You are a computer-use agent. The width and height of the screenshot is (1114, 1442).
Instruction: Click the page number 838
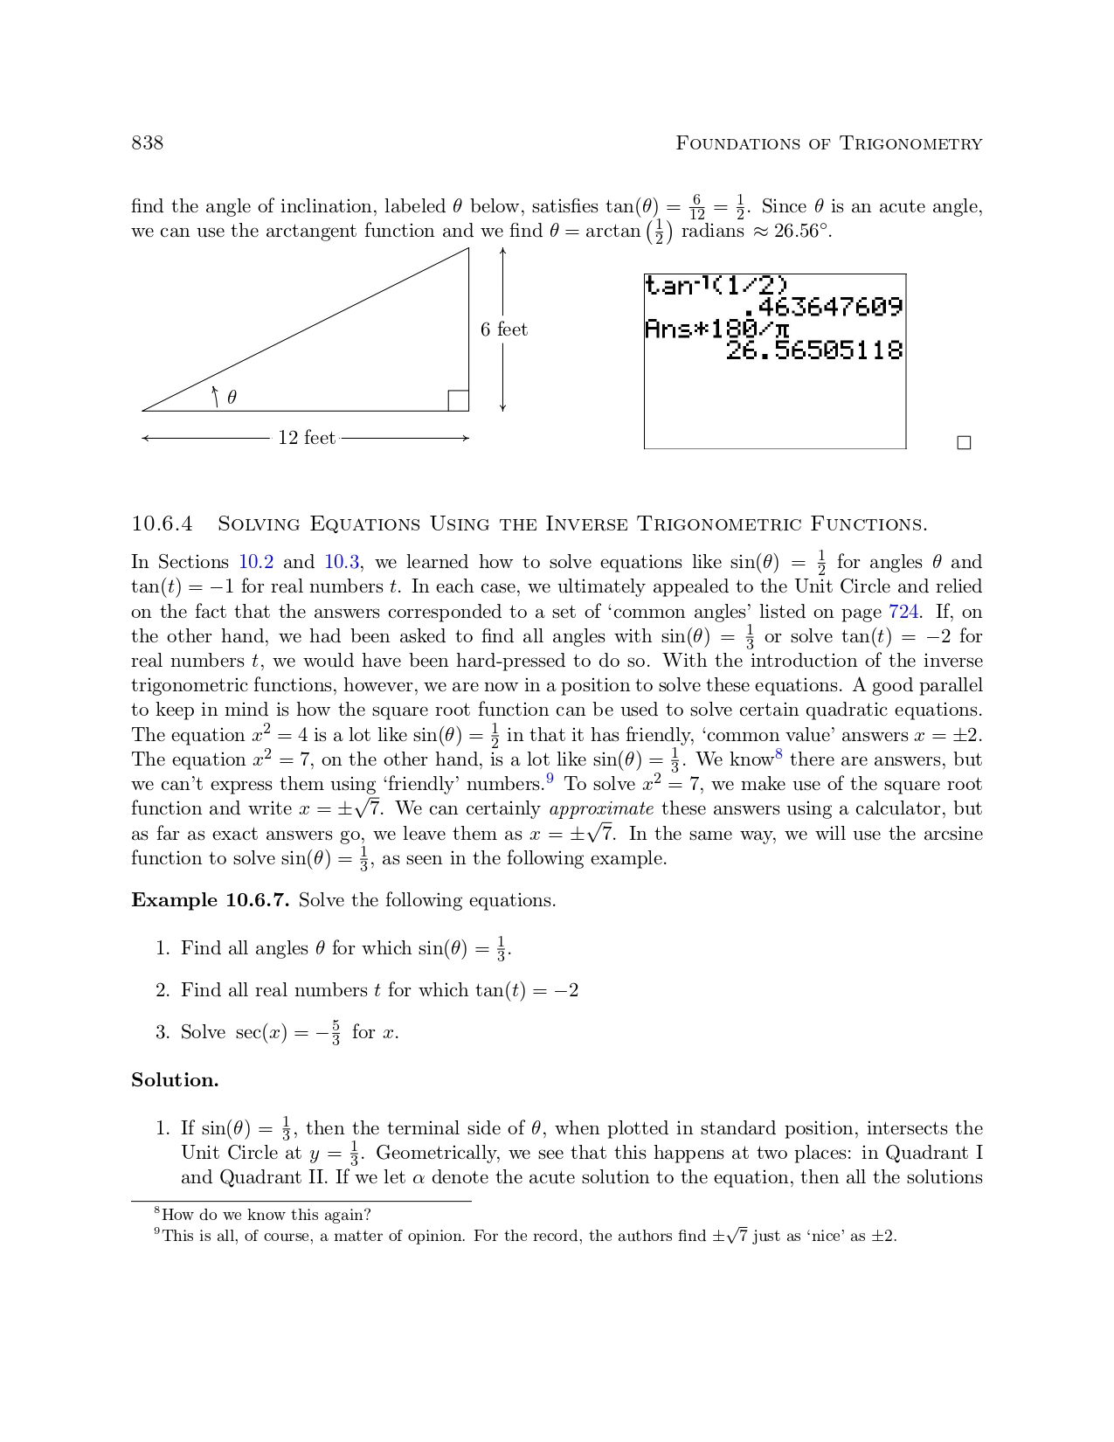tap(147, 142)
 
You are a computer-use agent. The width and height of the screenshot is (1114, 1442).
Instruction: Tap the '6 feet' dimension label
tap(504, 329)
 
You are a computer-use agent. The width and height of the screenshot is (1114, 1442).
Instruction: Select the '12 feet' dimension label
tap(307, 438)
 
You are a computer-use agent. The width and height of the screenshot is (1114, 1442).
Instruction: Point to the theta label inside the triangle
tap(232, 398)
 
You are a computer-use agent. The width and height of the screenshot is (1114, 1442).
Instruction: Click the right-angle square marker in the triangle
tap(458, 400)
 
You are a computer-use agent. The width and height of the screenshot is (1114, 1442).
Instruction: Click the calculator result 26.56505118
tap(813, 350)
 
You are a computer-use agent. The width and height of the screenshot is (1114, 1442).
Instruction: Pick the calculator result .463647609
tap(823, 308)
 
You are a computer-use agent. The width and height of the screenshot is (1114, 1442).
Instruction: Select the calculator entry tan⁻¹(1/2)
tap(716, 286)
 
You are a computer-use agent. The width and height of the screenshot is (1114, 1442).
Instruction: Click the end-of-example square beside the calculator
tap(964, 442)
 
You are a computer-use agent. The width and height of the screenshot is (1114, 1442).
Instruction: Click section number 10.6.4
tap(162, 524)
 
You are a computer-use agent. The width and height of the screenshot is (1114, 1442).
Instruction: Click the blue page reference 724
tap(903, 612)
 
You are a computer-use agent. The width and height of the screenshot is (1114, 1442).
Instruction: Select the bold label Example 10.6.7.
tap(210, 900)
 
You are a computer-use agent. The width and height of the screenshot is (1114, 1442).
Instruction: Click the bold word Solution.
tap(175, 1080)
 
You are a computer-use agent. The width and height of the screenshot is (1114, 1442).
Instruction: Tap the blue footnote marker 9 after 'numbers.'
tap(550, 779)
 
